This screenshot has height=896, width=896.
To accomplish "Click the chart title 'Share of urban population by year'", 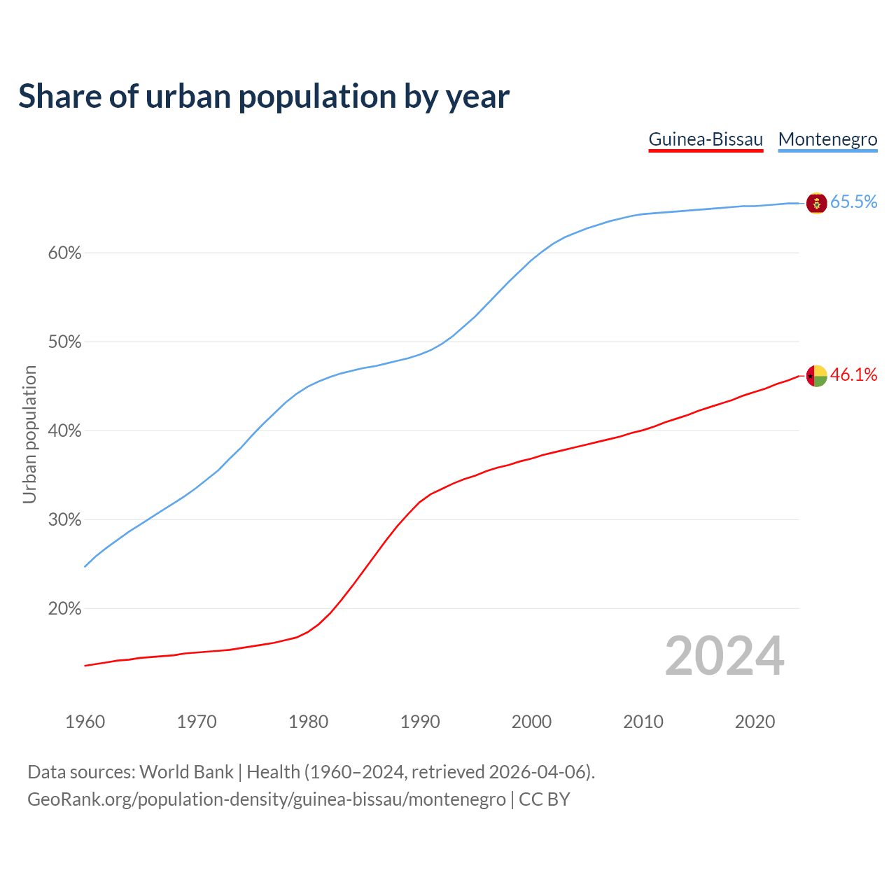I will (x=264, y=97).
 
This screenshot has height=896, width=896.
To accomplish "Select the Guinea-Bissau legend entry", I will (x=706, y=139).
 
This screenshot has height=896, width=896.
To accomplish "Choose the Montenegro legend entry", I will (x=827, y=139).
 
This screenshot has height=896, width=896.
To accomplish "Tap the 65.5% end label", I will (x=853, y=202).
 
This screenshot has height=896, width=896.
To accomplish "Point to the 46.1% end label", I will (x=853, y=375).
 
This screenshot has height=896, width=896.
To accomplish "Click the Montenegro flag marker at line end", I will (x=816, y=203).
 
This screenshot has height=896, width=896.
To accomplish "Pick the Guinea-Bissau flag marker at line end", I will (x=816, y=376).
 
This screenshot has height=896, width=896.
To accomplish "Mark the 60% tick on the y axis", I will (x=64, y=253).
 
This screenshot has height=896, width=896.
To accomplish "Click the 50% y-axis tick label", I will (x=64, y=342).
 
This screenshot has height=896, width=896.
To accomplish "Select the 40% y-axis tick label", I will (x=64, y=431).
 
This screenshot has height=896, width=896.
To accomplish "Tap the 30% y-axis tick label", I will (x=64, y=520).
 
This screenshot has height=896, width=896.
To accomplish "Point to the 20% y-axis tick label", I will (x=64, y=609).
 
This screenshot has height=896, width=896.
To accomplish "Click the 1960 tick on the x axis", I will (x=85, y=722).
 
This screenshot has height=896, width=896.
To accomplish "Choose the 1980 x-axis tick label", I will (x=309, y=722).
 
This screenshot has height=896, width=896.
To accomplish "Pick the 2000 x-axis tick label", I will (x=532, y=722).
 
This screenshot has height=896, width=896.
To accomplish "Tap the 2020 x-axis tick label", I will (x=755, y=722).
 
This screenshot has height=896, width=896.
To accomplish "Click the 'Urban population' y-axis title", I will (x=29, y=434).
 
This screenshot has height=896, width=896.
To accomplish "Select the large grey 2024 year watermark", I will (x=724, y=656).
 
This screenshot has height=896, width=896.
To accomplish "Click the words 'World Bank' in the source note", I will (x=186, y=772).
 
